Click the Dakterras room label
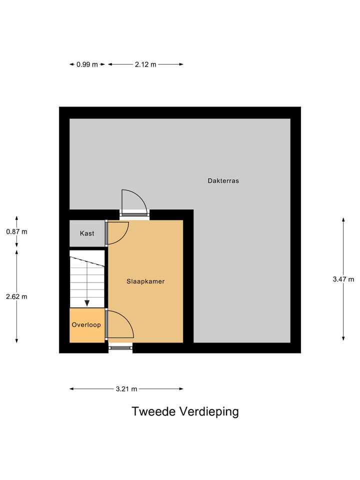point(223,180)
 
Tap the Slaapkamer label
point(145,281)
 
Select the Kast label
point(87,233)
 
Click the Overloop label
point(86,325)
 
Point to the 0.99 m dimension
point(87,64)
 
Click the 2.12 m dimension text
point(145,64)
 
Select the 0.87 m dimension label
point(16,231)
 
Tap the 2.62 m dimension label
point(16,296)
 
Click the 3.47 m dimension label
point(343,279)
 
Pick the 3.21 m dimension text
point(126,389)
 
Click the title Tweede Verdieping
point(185,411)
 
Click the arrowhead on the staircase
point(87,302)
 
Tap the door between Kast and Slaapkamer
point(117,232)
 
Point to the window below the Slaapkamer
point(120,347)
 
